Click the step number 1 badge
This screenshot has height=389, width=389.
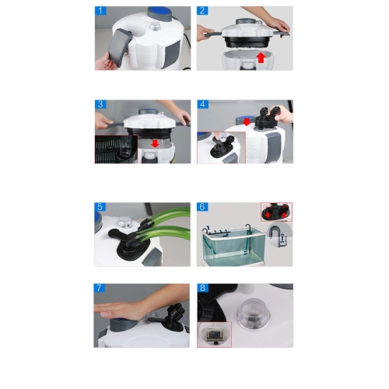[x=100, y=11]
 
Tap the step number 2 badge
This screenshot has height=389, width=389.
[x=202, y=11]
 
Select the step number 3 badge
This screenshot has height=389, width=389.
[x=100, y=104]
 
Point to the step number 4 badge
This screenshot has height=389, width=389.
[x=202, y=104]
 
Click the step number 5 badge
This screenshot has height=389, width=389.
[x=100, y=207]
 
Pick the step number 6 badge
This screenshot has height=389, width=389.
[x=202, y=207]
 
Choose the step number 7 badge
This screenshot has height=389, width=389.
[x=100, y=288]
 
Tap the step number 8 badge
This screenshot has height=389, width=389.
[x=202, y=288]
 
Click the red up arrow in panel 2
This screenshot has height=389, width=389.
[x=261, y=58]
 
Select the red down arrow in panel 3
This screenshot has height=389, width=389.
[x=155, y=143]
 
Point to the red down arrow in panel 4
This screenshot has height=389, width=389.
[x=247, y=121]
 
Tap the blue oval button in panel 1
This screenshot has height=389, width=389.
[x=159, y=12]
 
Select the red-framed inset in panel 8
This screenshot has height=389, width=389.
[x=214, y=335]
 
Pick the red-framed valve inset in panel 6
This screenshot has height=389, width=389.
[x=276, y=212]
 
